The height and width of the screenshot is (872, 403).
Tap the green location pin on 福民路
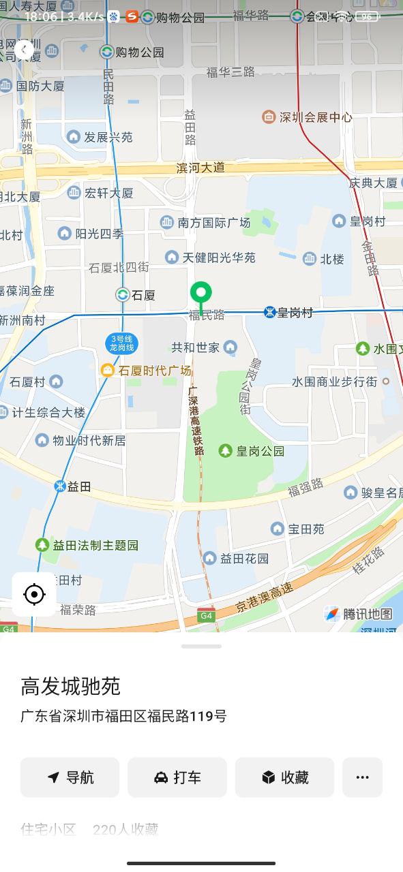[x=200, y=294]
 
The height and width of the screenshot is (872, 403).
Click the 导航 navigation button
[x=70, y=777]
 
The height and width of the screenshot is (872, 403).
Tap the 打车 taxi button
[x=177, y=777]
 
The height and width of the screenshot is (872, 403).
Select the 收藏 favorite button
[x=284, y=777]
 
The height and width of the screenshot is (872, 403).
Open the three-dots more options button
[x=362, y=777]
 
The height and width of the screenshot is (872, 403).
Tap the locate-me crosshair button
[x=33, y=595]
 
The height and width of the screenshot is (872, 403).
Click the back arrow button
[x=24, y=49]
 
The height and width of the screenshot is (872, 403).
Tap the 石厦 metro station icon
[x=123, y=295]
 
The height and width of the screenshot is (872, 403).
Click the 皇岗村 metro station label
[x=294, y=313]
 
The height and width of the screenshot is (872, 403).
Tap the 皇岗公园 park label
[x=259, y=451]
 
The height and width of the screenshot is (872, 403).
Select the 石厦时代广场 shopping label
[x=154, y=371]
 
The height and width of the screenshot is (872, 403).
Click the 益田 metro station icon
[x=61, y=486]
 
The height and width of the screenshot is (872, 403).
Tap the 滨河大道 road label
[x=200, y=168]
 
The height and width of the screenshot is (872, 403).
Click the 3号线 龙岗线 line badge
[x=123, y=343]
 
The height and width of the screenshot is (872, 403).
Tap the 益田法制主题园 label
[x=95, y=545]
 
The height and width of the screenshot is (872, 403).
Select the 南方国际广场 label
[x=213, y=223]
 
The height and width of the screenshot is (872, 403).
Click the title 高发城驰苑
[x=70, y=686]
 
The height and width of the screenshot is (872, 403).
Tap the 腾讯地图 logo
[x=358, y=614]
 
